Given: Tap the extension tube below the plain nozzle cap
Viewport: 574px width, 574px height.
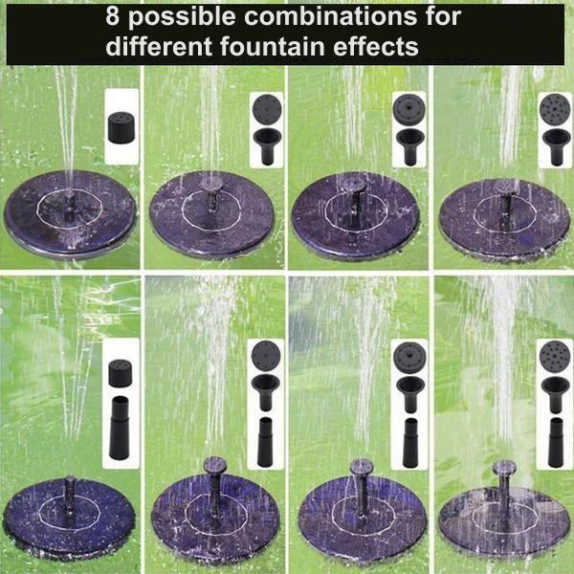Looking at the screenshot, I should pos(121,431).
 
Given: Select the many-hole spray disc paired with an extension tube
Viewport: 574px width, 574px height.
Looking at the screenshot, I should pos(553,358).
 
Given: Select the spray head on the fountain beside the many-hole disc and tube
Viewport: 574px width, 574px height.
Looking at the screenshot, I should pos(502,468).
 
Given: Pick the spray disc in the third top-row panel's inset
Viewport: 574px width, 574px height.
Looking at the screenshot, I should pos(408,109).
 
